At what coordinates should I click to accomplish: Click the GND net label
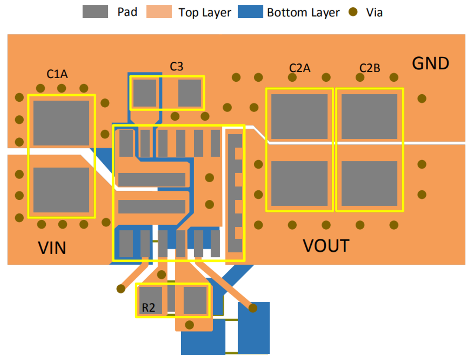pos(431,63)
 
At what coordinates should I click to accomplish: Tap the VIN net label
pos(52,248)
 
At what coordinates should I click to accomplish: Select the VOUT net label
pos(326,246)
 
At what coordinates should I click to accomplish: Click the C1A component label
pos(57,74)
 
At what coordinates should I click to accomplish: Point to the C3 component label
pos(176,66)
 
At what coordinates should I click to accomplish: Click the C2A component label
pos(299,68)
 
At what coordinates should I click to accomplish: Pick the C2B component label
pos(370,68)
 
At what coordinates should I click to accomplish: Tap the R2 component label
pos(148,308)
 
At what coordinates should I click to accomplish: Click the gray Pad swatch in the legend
pos(95,12)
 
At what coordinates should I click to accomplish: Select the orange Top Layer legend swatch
pos(159,12)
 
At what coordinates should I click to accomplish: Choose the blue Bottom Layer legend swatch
pos(250,12)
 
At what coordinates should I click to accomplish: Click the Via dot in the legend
pos(353,12)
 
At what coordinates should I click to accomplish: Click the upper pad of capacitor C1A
pos(61,123)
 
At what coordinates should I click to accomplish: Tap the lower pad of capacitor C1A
pos(61,190)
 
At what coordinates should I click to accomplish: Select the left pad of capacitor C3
pos(145,93)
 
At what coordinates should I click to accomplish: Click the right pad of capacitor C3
pos(189,93)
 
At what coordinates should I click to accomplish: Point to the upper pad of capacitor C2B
pos(369,117)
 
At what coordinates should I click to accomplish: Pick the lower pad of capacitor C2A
pos(299,183)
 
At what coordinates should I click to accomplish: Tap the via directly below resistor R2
pos(189,325)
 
